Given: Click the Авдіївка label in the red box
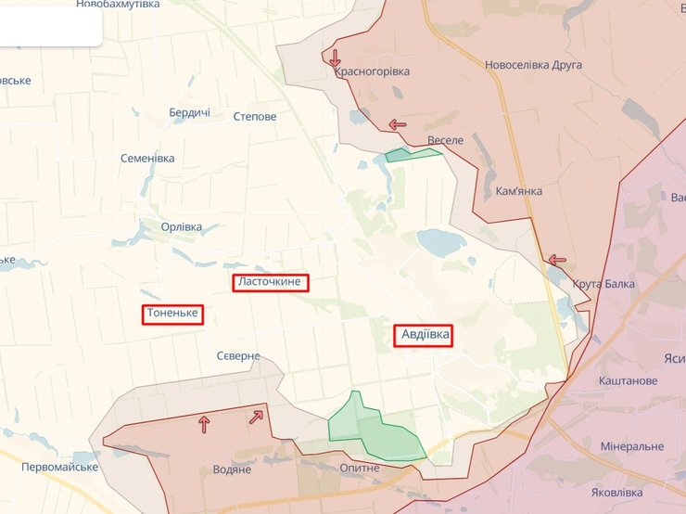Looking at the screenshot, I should pyautogui.click(x=423, y=334).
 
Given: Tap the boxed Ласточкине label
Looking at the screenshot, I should pyautogui.click(x=270, y=282).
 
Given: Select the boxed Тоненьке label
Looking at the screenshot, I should pyautogui.click(x=172, y=314).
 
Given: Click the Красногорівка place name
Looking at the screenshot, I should pyautogui.click(x=372, y=71).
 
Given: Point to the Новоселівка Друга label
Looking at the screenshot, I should pyautogui.click(x=533, y=65).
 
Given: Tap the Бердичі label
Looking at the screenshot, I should pyautogui.click(x=189, y=113).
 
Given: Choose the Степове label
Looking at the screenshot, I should pyautogui.click(x=255, y=117).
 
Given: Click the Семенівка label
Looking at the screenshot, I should pyautogui.click(x=147, y=158).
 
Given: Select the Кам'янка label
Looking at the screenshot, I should pyautogui.click(x=519, y=190).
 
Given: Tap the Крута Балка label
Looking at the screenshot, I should pyautogui.click(x=603, y=284).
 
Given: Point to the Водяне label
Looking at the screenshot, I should pyautogui.click(x=232, y=469).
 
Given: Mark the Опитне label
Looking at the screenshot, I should pyautogui.click(x=360, y=468).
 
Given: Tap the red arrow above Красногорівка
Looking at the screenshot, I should pyautogui.click(x=335, y=58).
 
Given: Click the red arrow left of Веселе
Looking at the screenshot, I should pyautogui.click(x=398, y=124).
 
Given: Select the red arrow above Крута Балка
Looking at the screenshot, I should pyautogui.click(x=556, y=261).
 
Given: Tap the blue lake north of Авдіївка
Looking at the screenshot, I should pyautogui.click(x=441, y=243).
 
